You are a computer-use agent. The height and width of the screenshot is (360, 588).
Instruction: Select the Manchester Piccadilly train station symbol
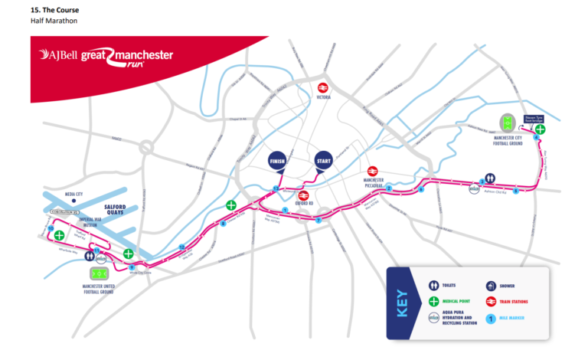[373, 172]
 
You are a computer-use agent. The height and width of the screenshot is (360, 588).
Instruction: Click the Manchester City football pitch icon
[508, 123]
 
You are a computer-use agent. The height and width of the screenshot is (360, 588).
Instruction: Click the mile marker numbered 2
[389, 188]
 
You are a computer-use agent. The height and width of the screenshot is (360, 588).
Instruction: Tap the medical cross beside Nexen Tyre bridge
[541, 129]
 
